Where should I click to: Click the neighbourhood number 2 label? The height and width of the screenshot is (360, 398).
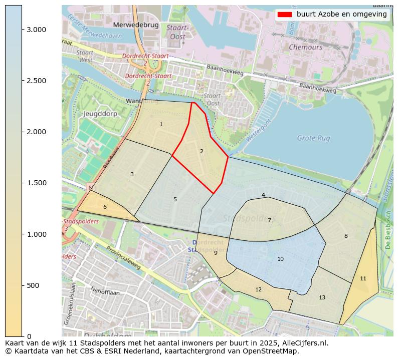click(x=202, y=151)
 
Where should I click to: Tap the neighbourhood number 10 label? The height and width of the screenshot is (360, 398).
click(x=280, y=259)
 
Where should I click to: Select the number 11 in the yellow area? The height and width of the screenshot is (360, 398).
click(x=363, y=278)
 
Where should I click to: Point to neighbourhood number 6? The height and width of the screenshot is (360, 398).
click(x=105, y=207)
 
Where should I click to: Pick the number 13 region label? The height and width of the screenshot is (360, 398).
click(x=322, y=297)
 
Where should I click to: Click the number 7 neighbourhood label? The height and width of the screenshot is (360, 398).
click(x=269, y=220)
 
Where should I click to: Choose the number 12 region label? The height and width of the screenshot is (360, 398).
click(x=258, y=289)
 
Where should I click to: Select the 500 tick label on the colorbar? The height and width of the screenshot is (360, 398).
click(x=34, y=285)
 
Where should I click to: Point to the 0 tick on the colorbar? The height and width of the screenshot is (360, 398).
click(x=29, y=336)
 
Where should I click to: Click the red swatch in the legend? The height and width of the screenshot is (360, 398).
click(x=284, y=15)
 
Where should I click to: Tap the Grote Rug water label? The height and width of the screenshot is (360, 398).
click(x=314, y=138)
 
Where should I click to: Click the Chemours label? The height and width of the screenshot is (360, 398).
click(x=305, y=47)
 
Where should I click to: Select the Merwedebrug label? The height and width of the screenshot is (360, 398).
click(x=136, y=25)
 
